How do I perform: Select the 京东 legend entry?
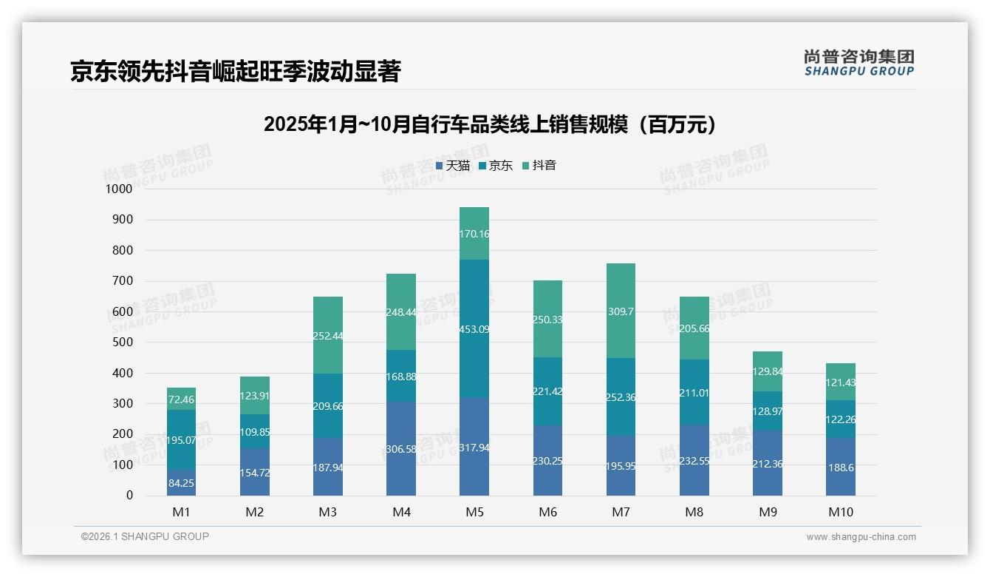496,166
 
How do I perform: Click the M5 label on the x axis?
474,512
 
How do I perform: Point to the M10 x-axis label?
841,512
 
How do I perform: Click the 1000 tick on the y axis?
118,189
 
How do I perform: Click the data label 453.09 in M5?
474,329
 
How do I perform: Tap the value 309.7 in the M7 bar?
621,312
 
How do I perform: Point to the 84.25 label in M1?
181,484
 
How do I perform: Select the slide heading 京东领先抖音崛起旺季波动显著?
235,72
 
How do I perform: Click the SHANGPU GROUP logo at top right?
858,63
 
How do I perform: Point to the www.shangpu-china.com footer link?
861,537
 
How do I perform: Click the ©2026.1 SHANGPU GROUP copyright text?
145,536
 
